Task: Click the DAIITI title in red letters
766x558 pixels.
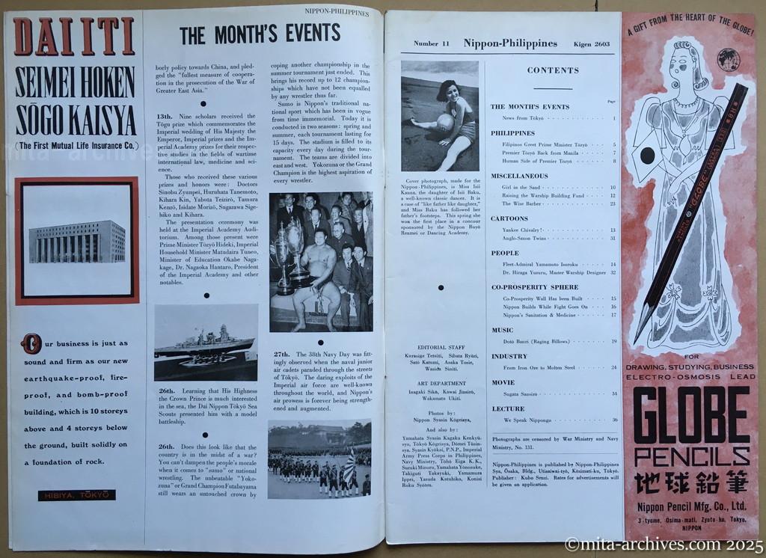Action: pos(74,37)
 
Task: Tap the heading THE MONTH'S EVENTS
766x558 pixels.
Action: pos(260,33)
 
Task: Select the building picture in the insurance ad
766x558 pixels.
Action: pos(77,240)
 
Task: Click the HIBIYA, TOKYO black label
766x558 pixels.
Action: pos(78,494)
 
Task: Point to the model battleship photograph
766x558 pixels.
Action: pos(206,342)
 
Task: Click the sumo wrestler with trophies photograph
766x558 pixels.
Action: pos(321,261)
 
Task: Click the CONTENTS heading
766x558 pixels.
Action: pos(553,70)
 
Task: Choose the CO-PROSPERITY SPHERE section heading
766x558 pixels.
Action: pos(534,287)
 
